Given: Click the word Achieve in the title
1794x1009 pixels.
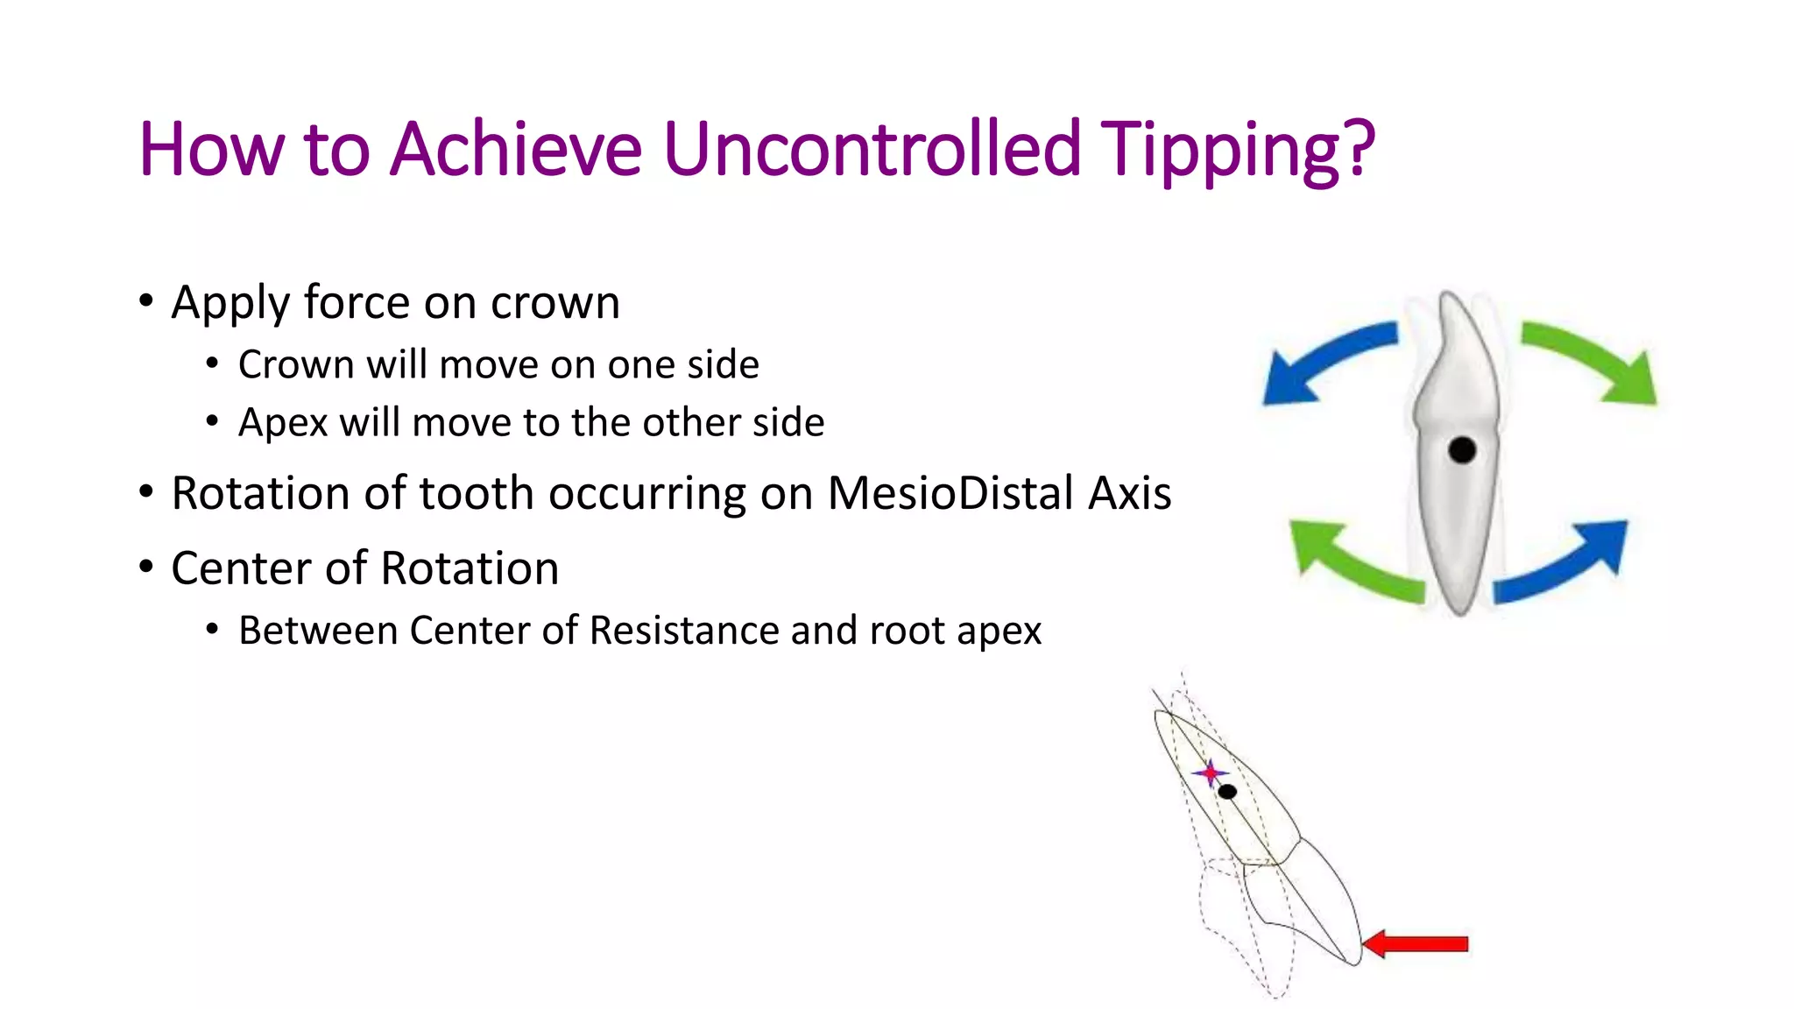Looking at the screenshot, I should [516, 149].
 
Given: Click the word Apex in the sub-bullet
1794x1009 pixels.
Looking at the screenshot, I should [280, 424].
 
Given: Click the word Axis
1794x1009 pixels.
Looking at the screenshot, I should [1129, 493].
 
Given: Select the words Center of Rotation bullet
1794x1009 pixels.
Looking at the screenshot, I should [364, 568].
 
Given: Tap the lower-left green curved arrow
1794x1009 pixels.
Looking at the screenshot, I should [1349, 561].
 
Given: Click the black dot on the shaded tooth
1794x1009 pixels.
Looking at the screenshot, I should [1462, 450].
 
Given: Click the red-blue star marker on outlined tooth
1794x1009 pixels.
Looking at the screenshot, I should [1211, 773].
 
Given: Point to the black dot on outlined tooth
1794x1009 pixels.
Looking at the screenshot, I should [1227, 792].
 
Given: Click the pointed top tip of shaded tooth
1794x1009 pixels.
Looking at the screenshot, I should [1448, 295].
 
